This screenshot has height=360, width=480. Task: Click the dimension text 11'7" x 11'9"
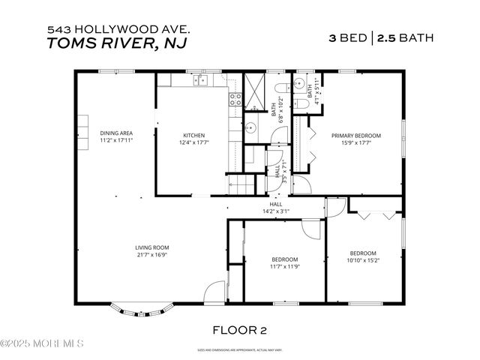[x=285, y=266]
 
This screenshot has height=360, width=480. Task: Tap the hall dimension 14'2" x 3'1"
[x=275, y=211]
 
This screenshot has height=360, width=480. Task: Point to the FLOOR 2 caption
[x=239, y=328]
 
